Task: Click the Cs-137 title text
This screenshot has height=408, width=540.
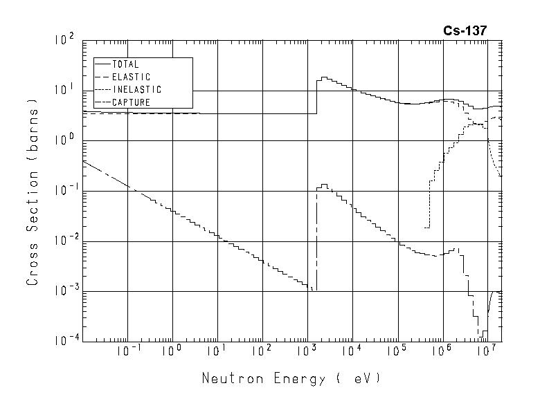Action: pos(466,31)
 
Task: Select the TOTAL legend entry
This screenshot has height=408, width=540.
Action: pos(125,64)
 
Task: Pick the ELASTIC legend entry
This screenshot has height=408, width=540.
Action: pos(131,77)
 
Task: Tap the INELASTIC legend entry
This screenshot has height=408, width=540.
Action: pos(136,90)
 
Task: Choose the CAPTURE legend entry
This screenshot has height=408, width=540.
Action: pos(131,102)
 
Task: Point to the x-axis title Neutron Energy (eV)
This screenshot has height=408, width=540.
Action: pos(291,379)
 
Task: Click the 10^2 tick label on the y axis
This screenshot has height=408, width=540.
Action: pos(64,41)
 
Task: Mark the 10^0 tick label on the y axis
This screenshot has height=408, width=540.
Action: pos(64,141)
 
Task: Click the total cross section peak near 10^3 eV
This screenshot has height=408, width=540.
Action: pos(323,77)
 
